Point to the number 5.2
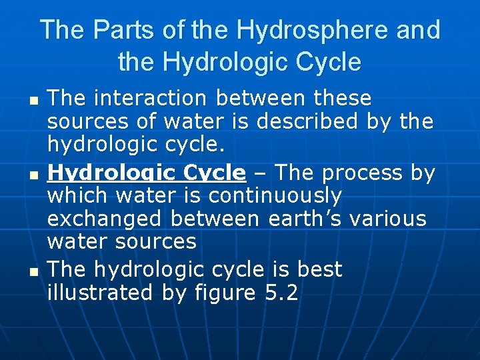pyautogui.click(x=278, y=292)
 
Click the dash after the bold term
pyautogui.click(x=261, y=173)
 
